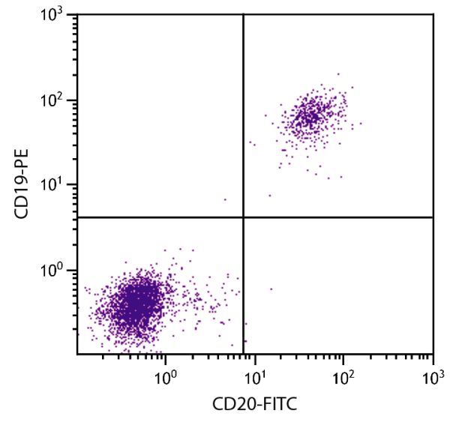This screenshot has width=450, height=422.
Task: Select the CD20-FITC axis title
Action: coord(256,406)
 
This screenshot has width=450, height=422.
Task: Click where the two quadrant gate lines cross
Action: coord(244,217)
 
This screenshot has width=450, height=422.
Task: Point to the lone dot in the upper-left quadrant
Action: coord(225,199)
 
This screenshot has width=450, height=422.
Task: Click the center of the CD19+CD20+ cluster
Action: coord(310,115)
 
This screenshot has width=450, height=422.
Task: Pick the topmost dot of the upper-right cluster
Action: coord(338,74)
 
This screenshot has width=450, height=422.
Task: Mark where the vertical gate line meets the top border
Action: coord(244,14)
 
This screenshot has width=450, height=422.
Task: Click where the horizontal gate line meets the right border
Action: coord(433,217)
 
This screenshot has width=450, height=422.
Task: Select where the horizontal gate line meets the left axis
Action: coord(77,217)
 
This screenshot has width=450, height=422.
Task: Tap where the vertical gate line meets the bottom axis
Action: coord(244,355)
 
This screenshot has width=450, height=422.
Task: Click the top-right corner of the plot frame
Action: coord(433,14)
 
